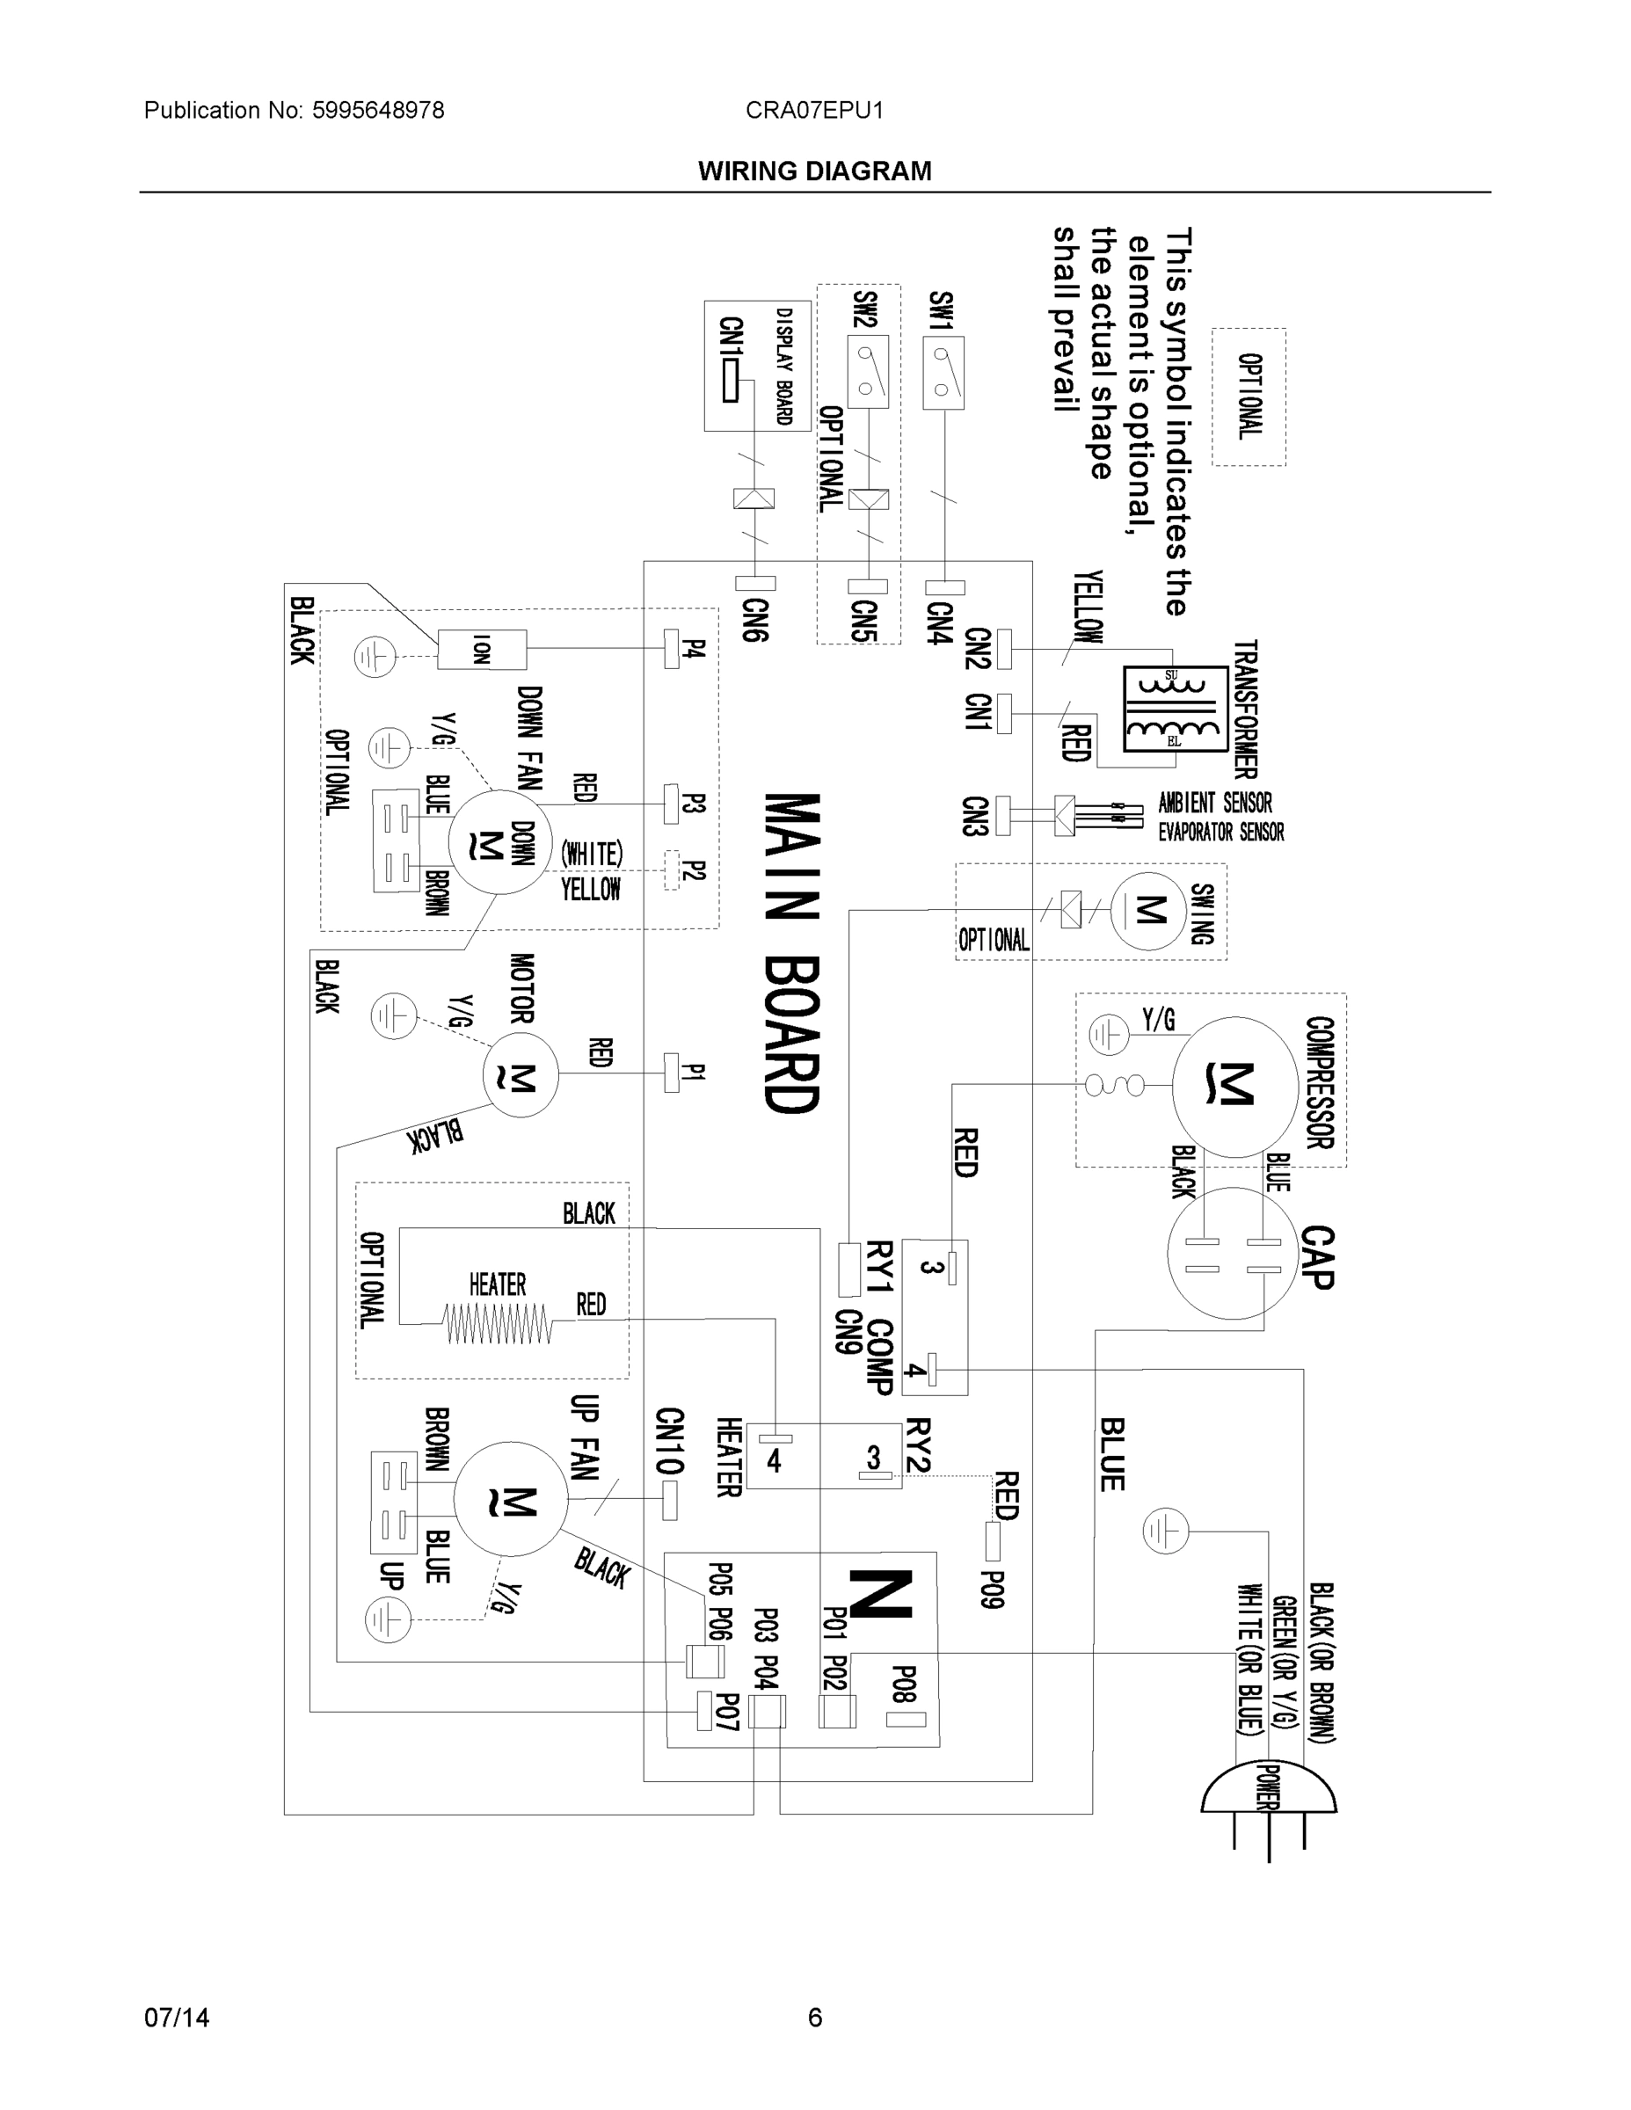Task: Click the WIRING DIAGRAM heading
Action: [x=814, y=171]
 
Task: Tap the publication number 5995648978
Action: [x=378, y=110]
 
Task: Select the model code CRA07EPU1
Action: [x=814, y=110]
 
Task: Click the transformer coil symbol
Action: [x=1175, y=710]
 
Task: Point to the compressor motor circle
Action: [x=1234, y=1086]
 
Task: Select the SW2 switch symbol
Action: [x=867, y=372]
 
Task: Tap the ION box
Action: [x=481, y=649]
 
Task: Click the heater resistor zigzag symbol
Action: [x=497, y=1323]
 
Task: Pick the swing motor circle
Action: [x=1150, y=909]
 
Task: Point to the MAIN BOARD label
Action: [x=792, y=951]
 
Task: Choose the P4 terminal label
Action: [x=695, y=648]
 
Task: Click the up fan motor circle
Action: [x=510, y=1499]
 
